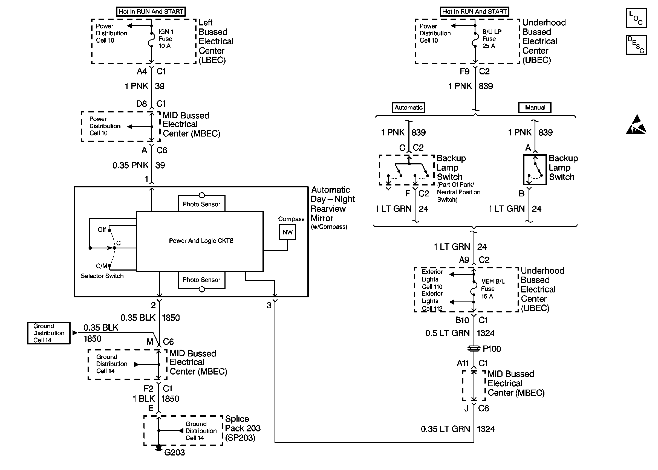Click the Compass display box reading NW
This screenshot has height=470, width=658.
[287, 232]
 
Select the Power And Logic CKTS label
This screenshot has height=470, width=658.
[201, 241]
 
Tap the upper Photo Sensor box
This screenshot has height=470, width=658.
[201, 204]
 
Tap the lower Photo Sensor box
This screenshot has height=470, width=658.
[201, 280]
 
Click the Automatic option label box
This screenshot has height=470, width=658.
[408, 107]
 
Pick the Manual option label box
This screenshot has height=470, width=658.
[535, 107]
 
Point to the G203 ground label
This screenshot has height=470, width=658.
[174, 452]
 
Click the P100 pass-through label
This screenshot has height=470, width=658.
[492, 349]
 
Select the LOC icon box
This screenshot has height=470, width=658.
[636, 18]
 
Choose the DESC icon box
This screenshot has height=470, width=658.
[636, 45]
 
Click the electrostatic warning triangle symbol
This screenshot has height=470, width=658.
[636, 125]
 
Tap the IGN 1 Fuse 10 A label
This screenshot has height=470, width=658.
[166, 39]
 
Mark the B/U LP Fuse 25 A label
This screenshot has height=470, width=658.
[492, 39]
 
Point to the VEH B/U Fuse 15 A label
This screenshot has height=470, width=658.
[493, 289]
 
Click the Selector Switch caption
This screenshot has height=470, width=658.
[102, 276]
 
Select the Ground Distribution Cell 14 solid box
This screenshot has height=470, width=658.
[49, 333]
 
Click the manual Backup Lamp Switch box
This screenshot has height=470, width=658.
[535, 170]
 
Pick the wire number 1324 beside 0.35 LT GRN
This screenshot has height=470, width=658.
[486, 429]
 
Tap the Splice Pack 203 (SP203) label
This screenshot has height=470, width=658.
[243, 428]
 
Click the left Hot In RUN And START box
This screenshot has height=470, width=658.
[151, 11]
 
